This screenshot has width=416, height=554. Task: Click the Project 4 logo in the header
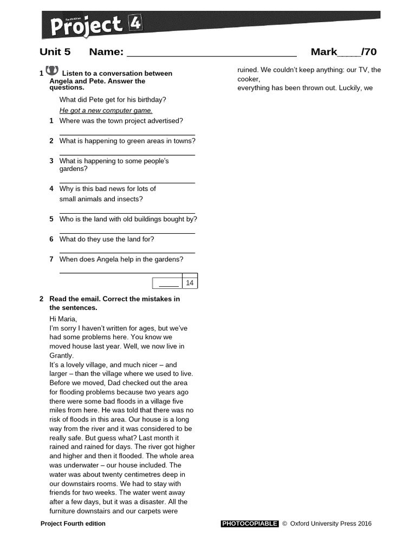coord(92,24)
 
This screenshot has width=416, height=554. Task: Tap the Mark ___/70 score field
coord(343,52)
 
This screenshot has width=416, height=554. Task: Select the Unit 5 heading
coord(55,52)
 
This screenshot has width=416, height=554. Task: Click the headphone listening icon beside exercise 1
coord(52,70)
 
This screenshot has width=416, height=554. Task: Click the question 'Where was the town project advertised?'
coord(121,121)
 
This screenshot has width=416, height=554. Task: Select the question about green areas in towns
coord(127,141)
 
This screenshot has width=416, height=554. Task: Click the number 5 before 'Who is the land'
coord(51,219)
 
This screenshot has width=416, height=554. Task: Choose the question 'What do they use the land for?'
coord(107,239)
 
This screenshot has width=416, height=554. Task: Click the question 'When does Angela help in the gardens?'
coord(121,259)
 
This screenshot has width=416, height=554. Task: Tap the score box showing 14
coord(190,283)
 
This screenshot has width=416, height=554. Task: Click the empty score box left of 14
coord(168,283)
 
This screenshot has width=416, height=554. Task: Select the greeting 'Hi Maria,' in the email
coord(63,319)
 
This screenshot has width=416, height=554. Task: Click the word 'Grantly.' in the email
coord(61,355)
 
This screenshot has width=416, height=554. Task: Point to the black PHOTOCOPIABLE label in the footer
coord(250,524)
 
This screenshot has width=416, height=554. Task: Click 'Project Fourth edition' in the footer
coord(73,524)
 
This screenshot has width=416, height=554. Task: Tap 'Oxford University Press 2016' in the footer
coord(330,524)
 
